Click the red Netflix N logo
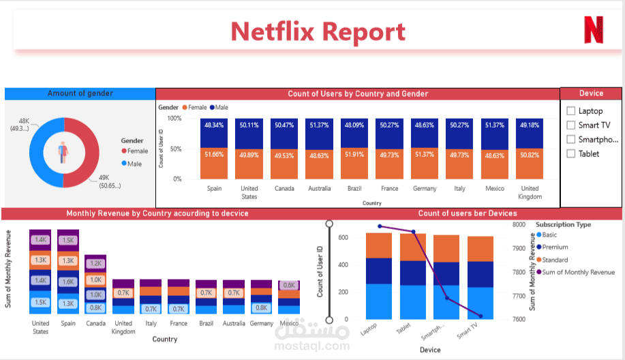pyautogui.click(x=593, y=30)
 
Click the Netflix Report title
pyautogui.click(x=318, y=31)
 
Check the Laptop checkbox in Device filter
pyautogui.click(x=571, y=110)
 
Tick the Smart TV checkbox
pyautogui.click(x=571, y=125)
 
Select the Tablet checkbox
pyautogui.click(x=571, y=153)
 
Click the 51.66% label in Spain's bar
pyautogui.click(x=214, y=155)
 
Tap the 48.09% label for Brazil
pyautogui.click(x=353, y=125)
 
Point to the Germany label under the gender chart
pyautogui.click(x=424, y=189)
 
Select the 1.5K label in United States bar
pyautogui.click(x=40, y=302)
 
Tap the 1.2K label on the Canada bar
pyautogui.click(x=95, y=264)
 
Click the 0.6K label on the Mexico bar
pyautogui.click(x=289, y=286)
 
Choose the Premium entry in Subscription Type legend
pyautogui.click(x=554, y=247)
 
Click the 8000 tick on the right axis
pyautogui.click(x=519, y=224)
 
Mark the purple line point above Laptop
pyautogui.click(x=379, y=226)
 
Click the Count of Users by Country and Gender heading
pyautogui.click(x=358, y=93)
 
